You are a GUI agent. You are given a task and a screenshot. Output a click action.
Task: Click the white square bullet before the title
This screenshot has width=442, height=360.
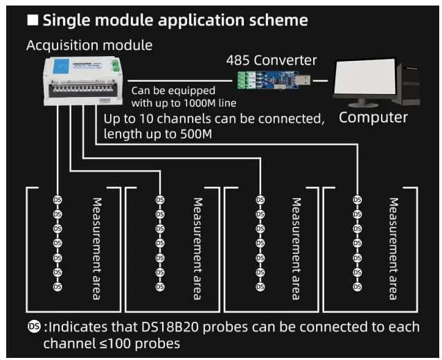(x=33, y=20)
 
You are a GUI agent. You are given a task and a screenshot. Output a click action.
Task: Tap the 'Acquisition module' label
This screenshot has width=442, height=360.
(x=89, y=45)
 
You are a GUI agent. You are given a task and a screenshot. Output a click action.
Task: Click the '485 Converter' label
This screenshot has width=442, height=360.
(x=272, y=60)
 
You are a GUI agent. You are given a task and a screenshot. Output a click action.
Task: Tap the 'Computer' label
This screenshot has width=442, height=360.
(x=373, y=117)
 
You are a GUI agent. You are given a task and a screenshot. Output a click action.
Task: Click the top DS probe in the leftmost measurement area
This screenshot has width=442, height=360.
(x=58, y=201)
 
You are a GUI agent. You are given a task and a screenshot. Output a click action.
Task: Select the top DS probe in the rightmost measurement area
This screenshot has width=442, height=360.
(x=357, y=201)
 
